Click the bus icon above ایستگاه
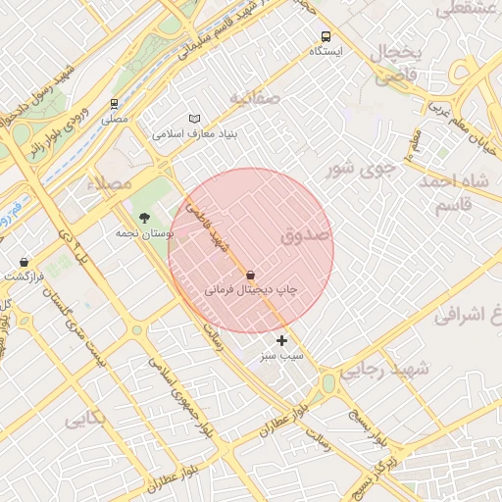pyautogui.click(x=326, y=36)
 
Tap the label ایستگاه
pyautogui.click(x=326, y=50)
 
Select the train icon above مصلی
pyautogui.click(x=115, y=103)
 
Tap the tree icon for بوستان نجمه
pyautogui.click(x=145, y=218)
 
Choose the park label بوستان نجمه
pyautogui.click(x=144, y=232)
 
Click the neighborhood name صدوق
pyautogui.click(x=306, y=236)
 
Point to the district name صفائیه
pyautogui.click(x=255, y=98)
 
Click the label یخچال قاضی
pyautogui.click(x=399, y=62)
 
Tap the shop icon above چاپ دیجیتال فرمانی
pyautogui.click(x=251, y=276)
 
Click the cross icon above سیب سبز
pyautogui.click(x=282, y=340)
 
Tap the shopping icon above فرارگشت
pyautogui.click(x=25, y=262)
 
